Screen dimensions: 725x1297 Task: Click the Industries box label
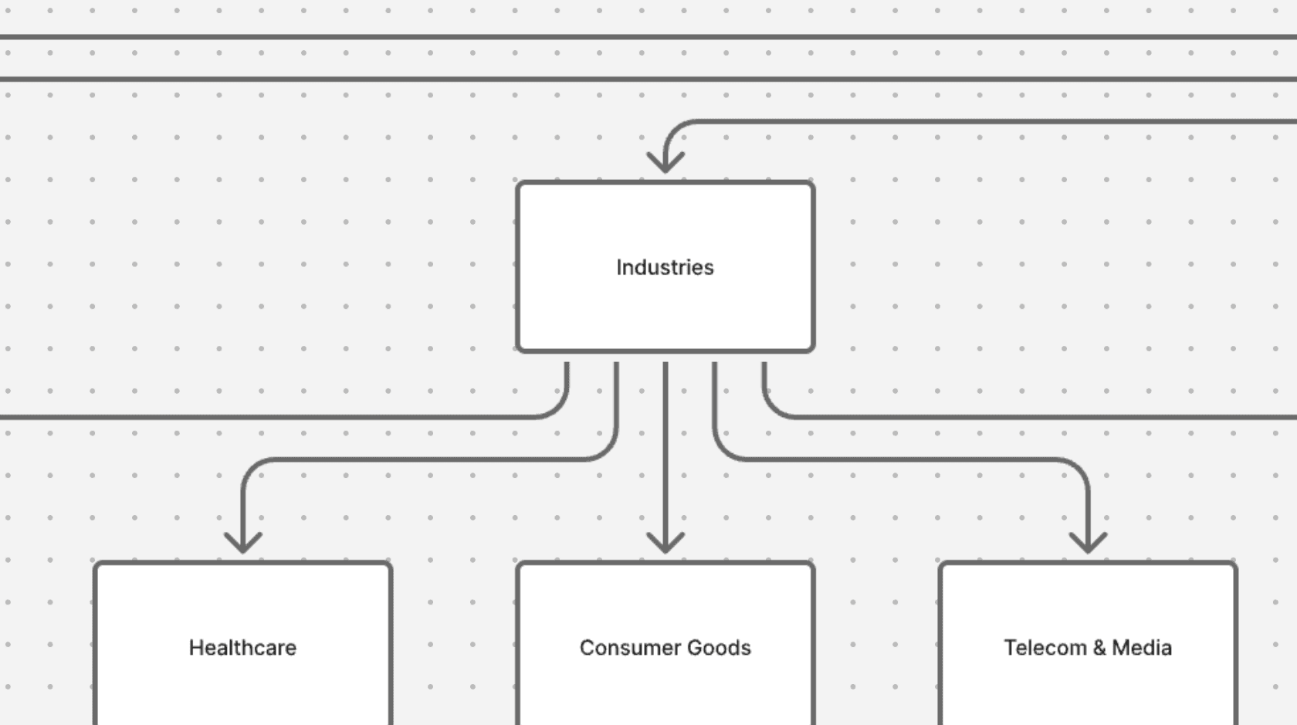665,267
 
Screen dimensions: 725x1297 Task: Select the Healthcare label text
242,647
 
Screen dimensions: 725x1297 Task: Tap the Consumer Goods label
665,647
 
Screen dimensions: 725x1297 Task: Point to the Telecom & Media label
1087,647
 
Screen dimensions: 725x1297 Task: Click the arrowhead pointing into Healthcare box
242,544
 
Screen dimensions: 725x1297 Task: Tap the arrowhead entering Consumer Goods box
665,544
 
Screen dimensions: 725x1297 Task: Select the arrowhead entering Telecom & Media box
1088,544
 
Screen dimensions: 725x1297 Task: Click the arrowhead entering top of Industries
665,162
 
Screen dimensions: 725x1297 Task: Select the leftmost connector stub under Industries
567,378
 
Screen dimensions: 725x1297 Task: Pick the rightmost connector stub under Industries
764,378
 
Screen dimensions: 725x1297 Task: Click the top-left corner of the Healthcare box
96,564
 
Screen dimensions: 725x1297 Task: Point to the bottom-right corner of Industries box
812,351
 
